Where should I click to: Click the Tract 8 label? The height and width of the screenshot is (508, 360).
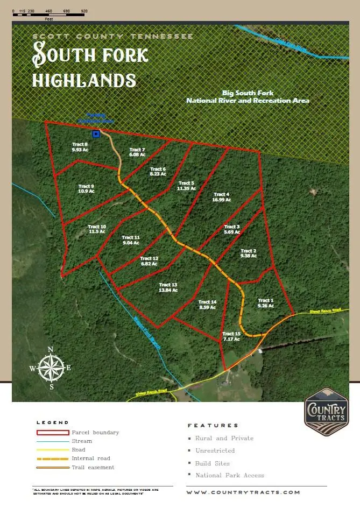(x=80, y=147)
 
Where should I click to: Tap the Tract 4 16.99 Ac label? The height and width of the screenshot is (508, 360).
(x=222, y=197)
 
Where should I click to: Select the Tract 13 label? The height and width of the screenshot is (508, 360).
(x=168, y=287)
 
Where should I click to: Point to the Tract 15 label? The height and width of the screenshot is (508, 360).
(x=228, y=337)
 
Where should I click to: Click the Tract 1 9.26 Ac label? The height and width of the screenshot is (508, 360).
(x=266, y=303)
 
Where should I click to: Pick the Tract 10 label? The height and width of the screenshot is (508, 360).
(x=97, y=229)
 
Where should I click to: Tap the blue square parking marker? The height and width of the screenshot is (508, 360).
(x=96, y=133)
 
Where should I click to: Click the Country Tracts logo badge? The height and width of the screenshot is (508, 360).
(x=326, y=411)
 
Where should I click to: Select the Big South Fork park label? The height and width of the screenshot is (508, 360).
(x=248, y=97)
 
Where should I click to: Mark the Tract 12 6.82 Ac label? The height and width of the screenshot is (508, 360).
(x=149, y=262)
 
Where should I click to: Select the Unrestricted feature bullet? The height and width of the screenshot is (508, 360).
(x=215, y=450)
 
